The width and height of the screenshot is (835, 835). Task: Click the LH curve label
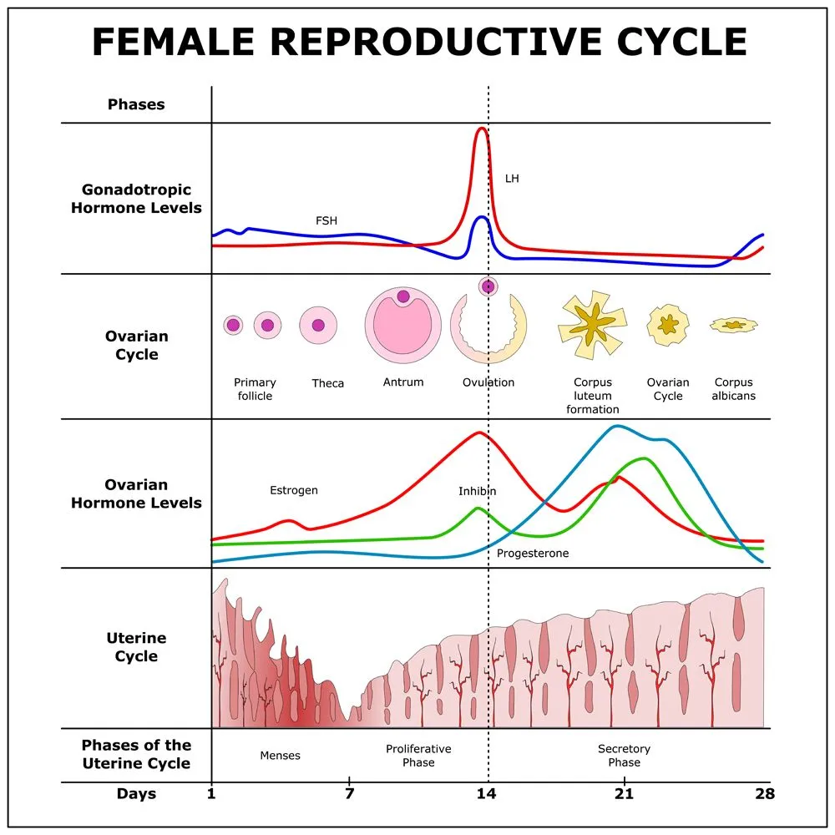pos(512,179)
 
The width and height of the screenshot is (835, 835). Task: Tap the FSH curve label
pos(326,221)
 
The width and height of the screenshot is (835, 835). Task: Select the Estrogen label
pos(294,490)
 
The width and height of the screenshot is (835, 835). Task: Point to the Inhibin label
pos(477,491)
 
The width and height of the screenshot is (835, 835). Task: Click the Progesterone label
pos(533,553)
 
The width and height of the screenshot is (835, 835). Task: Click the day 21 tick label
pos(624,793)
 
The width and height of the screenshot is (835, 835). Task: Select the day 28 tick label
pos(764,793)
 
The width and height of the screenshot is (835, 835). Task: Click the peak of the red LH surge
pos(481,129)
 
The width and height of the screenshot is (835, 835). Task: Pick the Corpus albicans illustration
pos(734,324)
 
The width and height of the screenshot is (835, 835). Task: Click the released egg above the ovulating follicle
pos(488,286)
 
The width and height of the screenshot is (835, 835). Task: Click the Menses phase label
pos(281,756)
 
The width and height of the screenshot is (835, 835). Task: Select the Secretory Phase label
pos(624,756)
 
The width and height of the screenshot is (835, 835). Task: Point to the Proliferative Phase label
pos(418,756)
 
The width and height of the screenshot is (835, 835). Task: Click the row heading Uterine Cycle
pos(136,647)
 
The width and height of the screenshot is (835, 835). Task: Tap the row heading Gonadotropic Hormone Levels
pos(136,199)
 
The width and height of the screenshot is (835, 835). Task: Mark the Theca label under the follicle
pos(328,383)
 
